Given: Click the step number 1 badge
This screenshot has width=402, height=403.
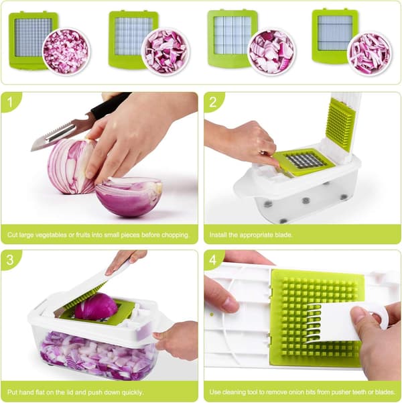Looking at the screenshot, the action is click(x=10, y=103).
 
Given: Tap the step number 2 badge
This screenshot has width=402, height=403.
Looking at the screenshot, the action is click(x=212, y=103).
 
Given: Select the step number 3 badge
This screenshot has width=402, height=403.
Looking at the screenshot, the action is click(x=10, y=260).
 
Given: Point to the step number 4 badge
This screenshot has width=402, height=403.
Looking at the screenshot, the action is click(x=212, y=260).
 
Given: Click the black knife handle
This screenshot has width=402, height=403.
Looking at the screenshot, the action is click(x=111, y=105).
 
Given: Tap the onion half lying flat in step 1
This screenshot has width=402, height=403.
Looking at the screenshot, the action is click(x=129, y=196).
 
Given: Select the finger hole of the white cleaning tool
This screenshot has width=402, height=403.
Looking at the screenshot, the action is click(x=379, y=316).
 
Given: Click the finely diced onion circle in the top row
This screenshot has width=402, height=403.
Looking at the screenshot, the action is click(x=66, y=51).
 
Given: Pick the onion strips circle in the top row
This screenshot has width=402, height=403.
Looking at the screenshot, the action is click(x=370, y=53).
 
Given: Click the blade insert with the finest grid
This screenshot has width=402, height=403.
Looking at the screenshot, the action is click(x=33, y=41).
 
